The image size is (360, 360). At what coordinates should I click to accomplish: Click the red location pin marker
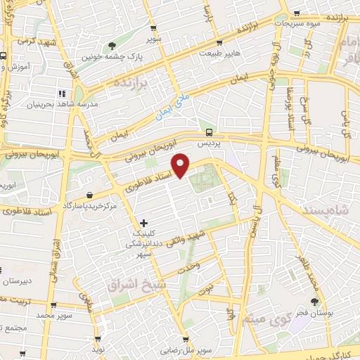(181, 166)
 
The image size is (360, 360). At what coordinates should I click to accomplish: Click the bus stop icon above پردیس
(208, 131)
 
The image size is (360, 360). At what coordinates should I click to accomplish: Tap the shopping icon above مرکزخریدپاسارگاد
(89, 195)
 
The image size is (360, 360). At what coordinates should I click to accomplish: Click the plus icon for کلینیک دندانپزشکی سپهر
(144, 223)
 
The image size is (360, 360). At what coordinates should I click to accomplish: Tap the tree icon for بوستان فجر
(314, 301)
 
